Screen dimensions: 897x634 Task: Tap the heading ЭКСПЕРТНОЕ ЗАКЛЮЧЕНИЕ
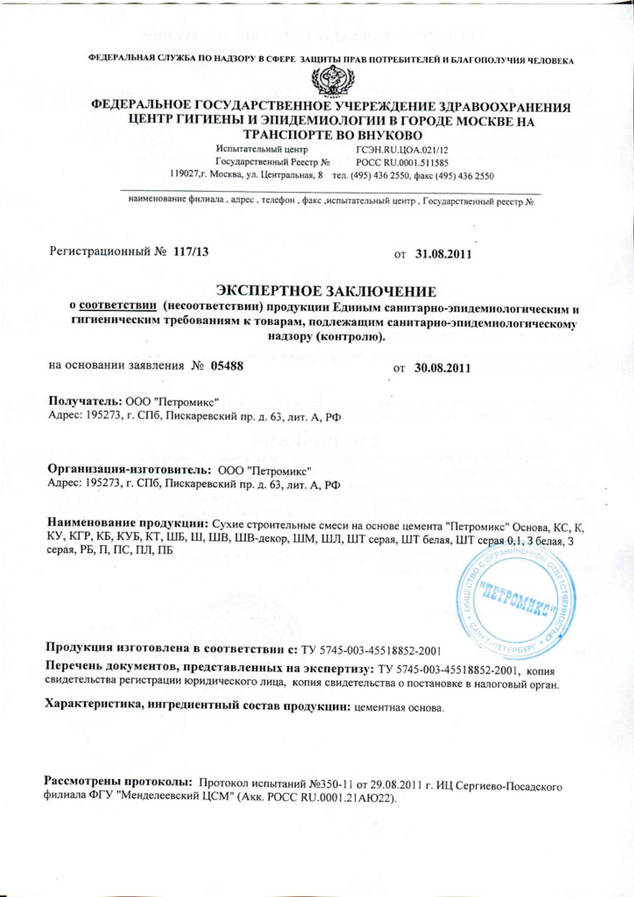[x=326, y=292]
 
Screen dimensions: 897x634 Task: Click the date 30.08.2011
[x=442, y=368]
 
